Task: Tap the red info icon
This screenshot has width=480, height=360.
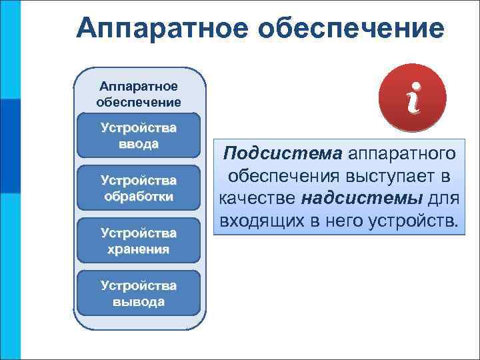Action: (x=413, y=99)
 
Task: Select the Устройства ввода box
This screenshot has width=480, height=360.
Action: (x=139, y=135)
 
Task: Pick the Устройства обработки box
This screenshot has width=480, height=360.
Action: (x=139, y=188)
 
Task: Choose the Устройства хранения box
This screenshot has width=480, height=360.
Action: (x=139, y=241)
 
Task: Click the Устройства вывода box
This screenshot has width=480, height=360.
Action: (x=139, y=293)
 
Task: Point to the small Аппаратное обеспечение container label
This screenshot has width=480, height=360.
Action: (x=139, y=94)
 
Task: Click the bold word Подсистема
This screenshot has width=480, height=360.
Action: (x=283, y=154)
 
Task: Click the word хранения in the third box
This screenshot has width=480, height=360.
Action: (x=139, y=249)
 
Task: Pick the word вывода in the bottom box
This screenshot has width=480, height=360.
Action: (x=139, y=301)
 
